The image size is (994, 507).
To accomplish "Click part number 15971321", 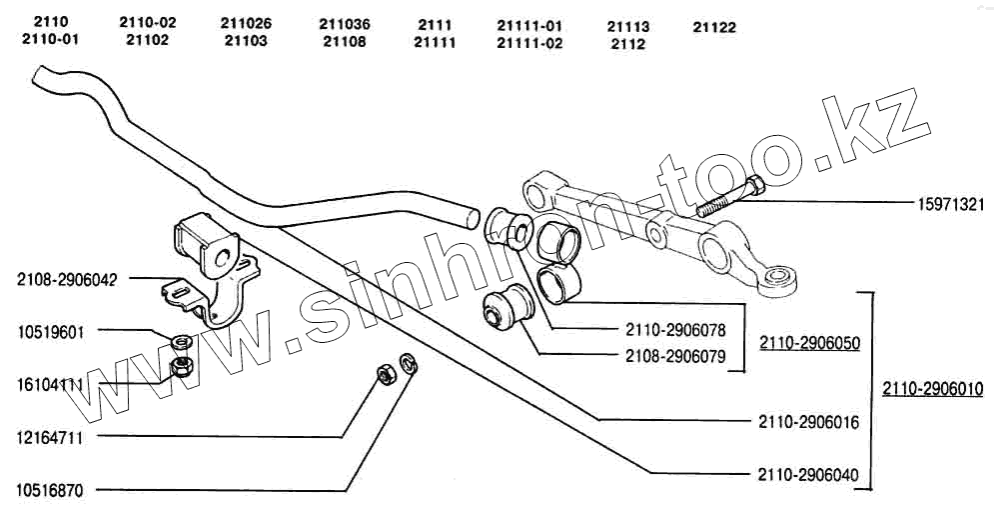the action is (x=951, y=205).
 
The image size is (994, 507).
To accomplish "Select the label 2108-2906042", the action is (x=67, y=280).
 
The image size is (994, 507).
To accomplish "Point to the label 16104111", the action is (x=49, y=384).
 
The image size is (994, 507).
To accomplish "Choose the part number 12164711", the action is (x=49, y=437).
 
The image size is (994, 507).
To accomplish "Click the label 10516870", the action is (x=49, y=491).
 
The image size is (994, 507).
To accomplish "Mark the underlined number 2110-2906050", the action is (x=809, y=342).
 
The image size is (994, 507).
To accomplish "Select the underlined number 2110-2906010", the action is (x=933, y=388).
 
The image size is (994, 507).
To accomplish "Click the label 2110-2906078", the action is (x=675, y=328).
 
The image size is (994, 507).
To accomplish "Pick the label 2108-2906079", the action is (x=675, y=355).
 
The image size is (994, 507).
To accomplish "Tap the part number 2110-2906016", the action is (x=809, y=423).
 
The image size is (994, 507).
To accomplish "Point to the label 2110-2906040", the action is (x=809, y=474).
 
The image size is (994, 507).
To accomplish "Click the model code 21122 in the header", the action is (x=713, y=28).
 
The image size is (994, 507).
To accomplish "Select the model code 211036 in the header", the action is (x=345, y=23).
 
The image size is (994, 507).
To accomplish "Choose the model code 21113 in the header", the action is (x=628, y=27).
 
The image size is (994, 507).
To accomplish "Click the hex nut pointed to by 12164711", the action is (x=385, y=375).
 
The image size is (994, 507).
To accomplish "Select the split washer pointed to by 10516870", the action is (x=407, y=363).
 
